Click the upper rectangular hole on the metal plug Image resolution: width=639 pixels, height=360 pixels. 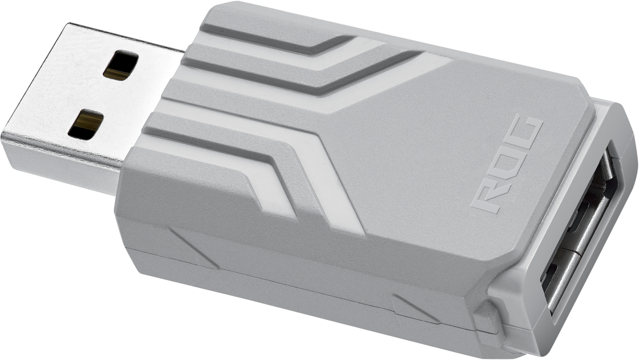122,66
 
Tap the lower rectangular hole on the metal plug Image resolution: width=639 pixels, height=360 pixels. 85,125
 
